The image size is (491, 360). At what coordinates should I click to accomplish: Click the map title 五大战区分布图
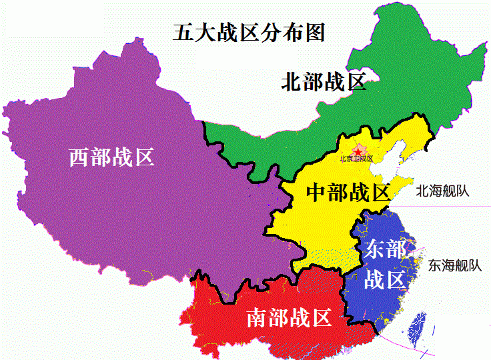coord(248,32)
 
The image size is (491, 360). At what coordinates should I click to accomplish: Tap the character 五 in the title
coord(183,32)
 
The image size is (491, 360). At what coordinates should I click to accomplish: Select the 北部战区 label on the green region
coord(324,83)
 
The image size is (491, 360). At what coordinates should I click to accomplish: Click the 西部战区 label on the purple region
coord(112,158)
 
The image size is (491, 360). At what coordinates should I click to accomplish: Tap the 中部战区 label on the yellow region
coord(348,193)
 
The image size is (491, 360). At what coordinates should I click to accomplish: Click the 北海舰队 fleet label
coord(442,191)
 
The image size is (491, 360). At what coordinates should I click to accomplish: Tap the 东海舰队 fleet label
coord(455,265)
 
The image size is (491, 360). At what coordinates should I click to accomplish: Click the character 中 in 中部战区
coord(316,193)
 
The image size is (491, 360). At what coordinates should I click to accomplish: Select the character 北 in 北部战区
coord(292,83)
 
